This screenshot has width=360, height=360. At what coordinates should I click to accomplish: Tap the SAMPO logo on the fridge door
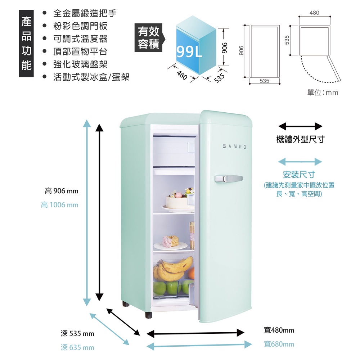click(234, 147)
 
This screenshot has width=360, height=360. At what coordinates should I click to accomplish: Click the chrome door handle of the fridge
click(228, 178)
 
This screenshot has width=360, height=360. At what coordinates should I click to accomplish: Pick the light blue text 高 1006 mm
click(59, 205)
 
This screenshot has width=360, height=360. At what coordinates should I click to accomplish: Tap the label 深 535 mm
click(77, 334)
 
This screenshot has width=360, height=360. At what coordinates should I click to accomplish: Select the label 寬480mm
click(279, 330)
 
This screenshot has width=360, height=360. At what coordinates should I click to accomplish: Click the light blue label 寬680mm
click(279, 344)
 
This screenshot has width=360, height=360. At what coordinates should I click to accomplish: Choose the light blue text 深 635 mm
click(77, 347)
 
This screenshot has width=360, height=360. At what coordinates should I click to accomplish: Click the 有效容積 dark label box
click(148, 38)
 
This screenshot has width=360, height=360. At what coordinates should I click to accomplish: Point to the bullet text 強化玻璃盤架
click(80, 64)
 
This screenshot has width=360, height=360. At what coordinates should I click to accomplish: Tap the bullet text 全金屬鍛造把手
click(85, 14)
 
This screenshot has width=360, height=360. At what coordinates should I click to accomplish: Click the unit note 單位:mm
click(323, 93)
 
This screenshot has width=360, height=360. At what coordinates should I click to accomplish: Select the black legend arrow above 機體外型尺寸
click(300, 126)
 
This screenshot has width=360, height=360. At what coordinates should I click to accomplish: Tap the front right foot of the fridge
click(149, 314)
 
